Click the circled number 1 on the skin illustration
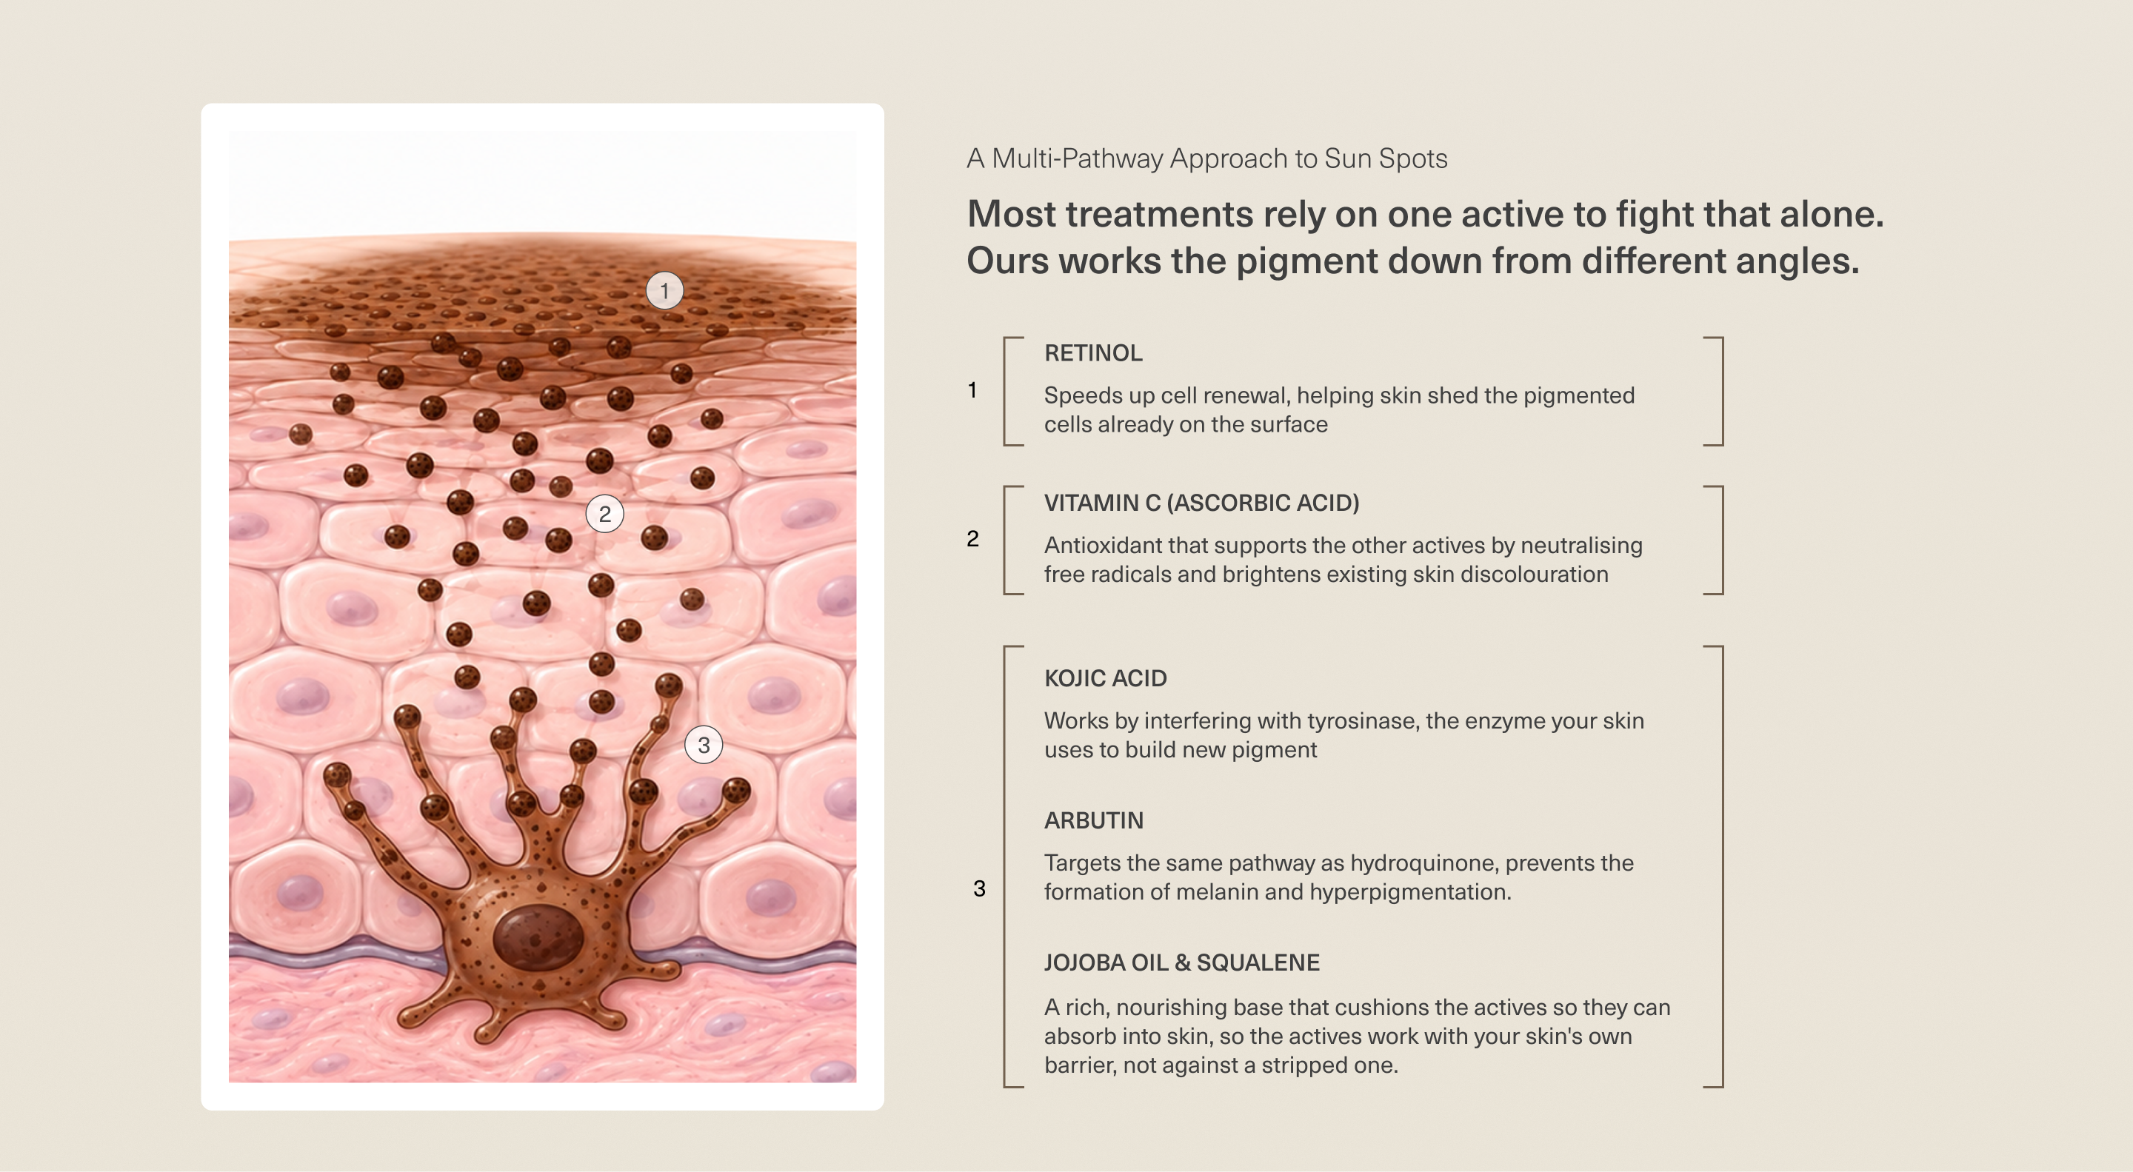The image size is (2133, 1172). click(664, 290)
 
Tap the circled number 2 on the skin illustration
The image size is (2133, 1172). click(604, 514)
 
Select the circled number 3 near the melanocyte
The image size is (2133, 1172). click(703, 745)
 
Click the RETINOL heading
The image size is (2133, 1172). click(1093, 353)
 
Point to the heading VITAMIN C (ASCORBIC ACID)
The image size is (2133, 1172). click(1201, 503)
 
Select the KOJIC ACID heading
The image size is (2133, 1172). click(1106, 679)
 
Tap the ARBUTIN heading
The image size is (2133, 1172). click(1094, 821)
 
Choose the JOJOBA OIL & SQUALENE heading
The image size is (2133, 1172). click(1181, 962)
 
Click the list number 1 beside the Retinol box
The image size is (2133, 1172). click(972, 390)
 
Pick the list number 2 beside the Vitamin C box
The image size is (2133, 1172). click(973, 539)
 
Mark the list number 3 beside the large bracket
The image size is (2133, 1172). click(980, 889)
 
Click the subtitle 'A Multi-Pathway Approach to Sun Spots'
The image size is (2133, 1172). click(1207, 158)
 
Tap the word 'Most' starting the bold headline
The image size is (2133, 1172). click(1011, 215)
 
